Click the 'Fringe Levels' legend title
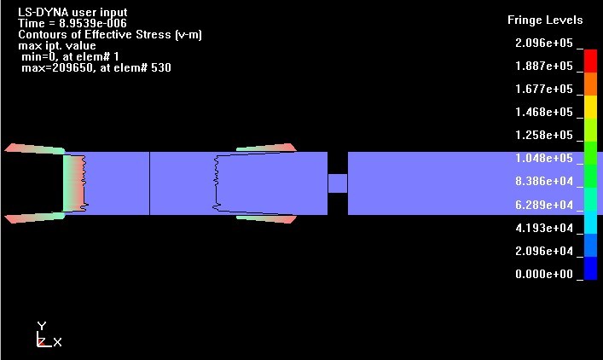[x=545, y=20]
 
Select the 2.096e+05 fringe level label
[x=544, y=43]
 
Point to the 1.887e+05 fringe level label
[x=544, y=66]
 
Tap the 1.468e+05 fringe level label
[x=544, y=112]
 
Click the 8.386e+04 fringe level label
[x=544, y=181]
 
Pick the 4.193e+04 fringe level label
[x=544, y=228]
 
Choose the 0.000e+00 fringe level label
[x=544, y=274]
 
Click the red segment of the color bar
[x=590, y=61]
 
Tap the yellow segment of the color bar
[x=590, y=107]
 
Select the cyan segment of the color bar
[x=590, y=223]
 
